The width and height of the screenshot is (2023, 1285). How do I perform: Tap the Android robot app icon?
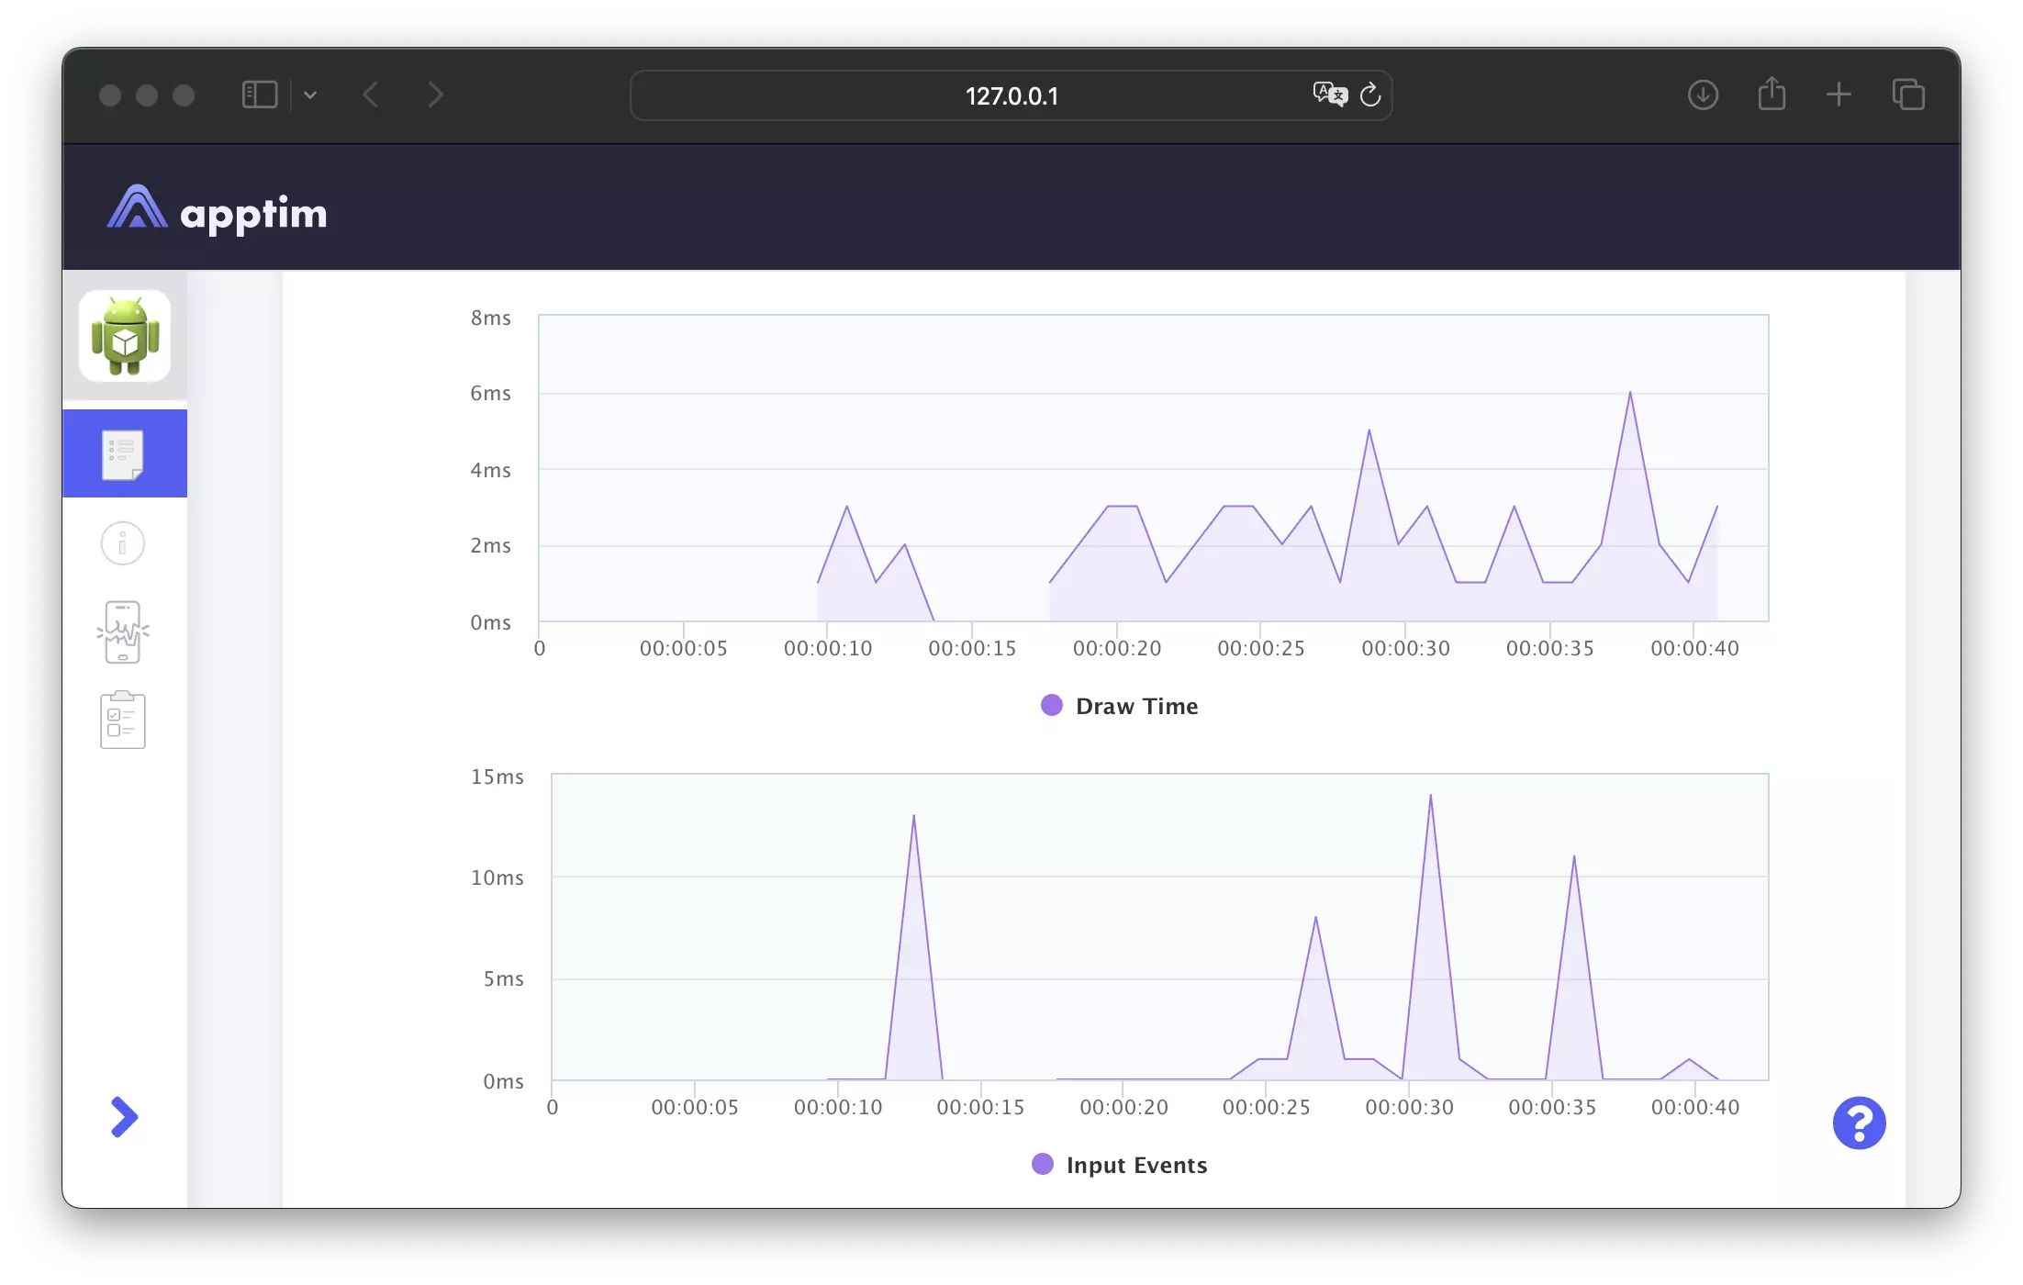(x=125, y=336)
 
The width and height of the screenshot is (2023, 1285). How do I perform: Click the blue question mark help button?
(x=1859, y=1123)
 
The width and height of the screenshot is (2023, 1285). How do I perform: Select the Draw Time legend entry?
(x=1120, y=706)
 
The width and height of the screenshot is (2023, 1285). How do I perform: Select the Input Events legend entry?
(x=1120, y=1165)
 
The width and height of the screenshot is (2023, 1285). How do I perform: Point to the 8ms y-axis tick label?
(x=490, y=318)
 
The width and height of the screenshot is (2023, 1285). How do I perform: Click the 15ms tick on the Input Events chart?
(x=497, y=777)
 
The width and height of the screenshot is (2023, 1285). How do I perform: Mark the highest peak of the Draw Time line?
(x=1630, y=393)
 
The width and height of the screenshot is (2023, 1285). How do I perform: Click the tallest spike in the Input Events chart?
(x=1430, y=796)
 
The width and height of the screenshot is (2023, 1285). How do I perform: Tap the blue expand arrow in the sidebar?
(x=124, y=1117)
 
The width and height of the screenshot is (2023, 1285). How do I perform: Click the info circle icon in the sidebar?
(x=122, y=543)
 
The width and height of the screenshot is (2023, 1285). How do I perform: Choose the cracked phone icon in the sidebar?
(x=122, y=631)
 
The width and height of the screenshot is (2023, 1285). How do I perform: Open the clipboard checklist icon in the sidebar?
(x=122, y=721)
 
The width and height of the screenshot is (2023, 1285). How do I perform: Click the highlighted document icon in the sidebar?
(x=123, y=454)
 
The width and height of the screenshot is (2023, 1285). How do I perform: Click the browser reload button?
(x=1370, y=95)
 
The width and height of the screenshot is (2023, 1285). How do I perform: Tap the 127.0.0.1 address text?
(x=1011, y=96)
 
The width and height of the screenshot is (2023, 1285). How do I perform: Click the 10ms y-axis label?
(x=497, y=878)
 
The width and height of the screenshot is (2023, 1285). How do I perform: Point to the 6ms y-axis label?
(x=490, y=394)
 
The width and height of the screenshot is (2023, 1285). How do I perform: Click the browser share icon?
(x=1772, y=95)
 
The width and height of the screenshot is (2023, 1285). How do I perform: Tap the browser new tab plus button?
(x=1839, y=95)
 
